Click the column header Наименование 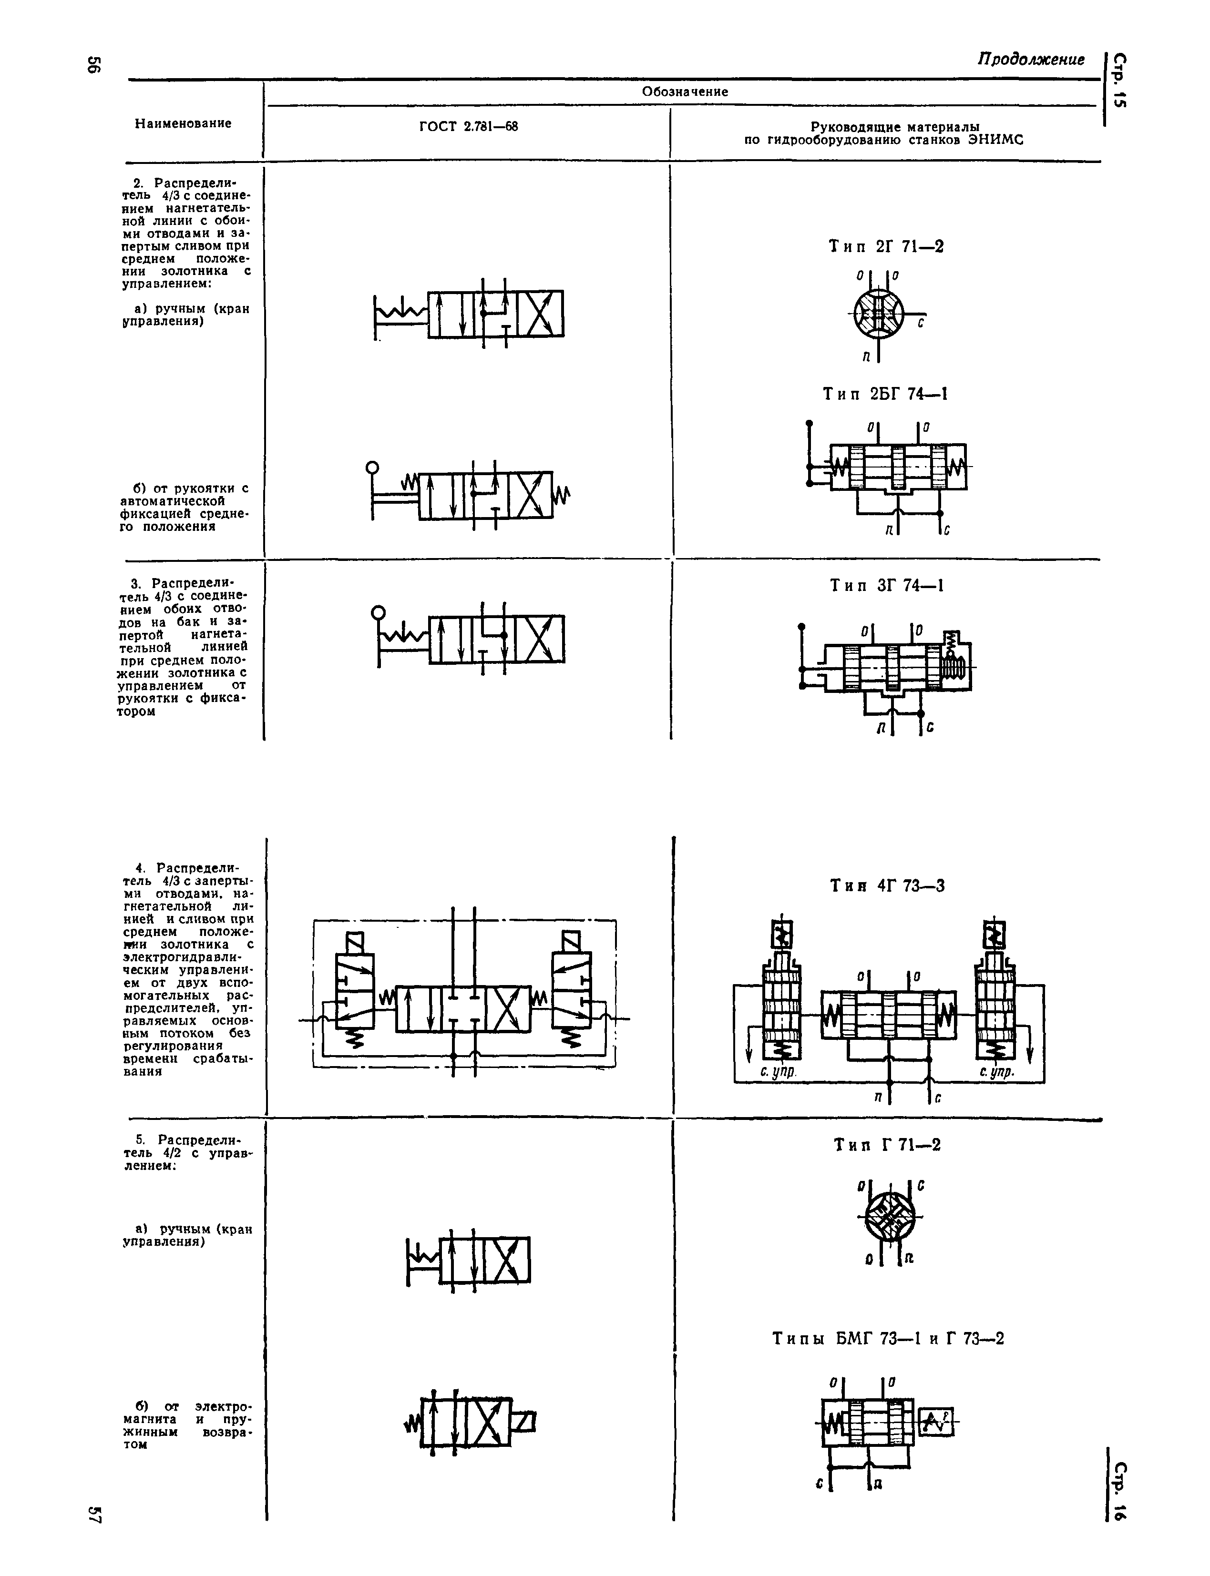[183, 123]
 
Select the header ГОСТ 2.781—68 [468, 127]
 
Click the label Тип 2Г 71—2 [886, 246]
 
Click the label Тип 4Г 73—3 [887, 885]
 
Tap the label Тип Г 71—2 [887, 1145]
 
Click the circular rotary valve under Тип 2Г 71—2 [879, 315]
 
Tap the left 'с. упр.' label [778, 1072]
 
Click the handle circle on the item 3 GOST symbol [378, 613]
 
